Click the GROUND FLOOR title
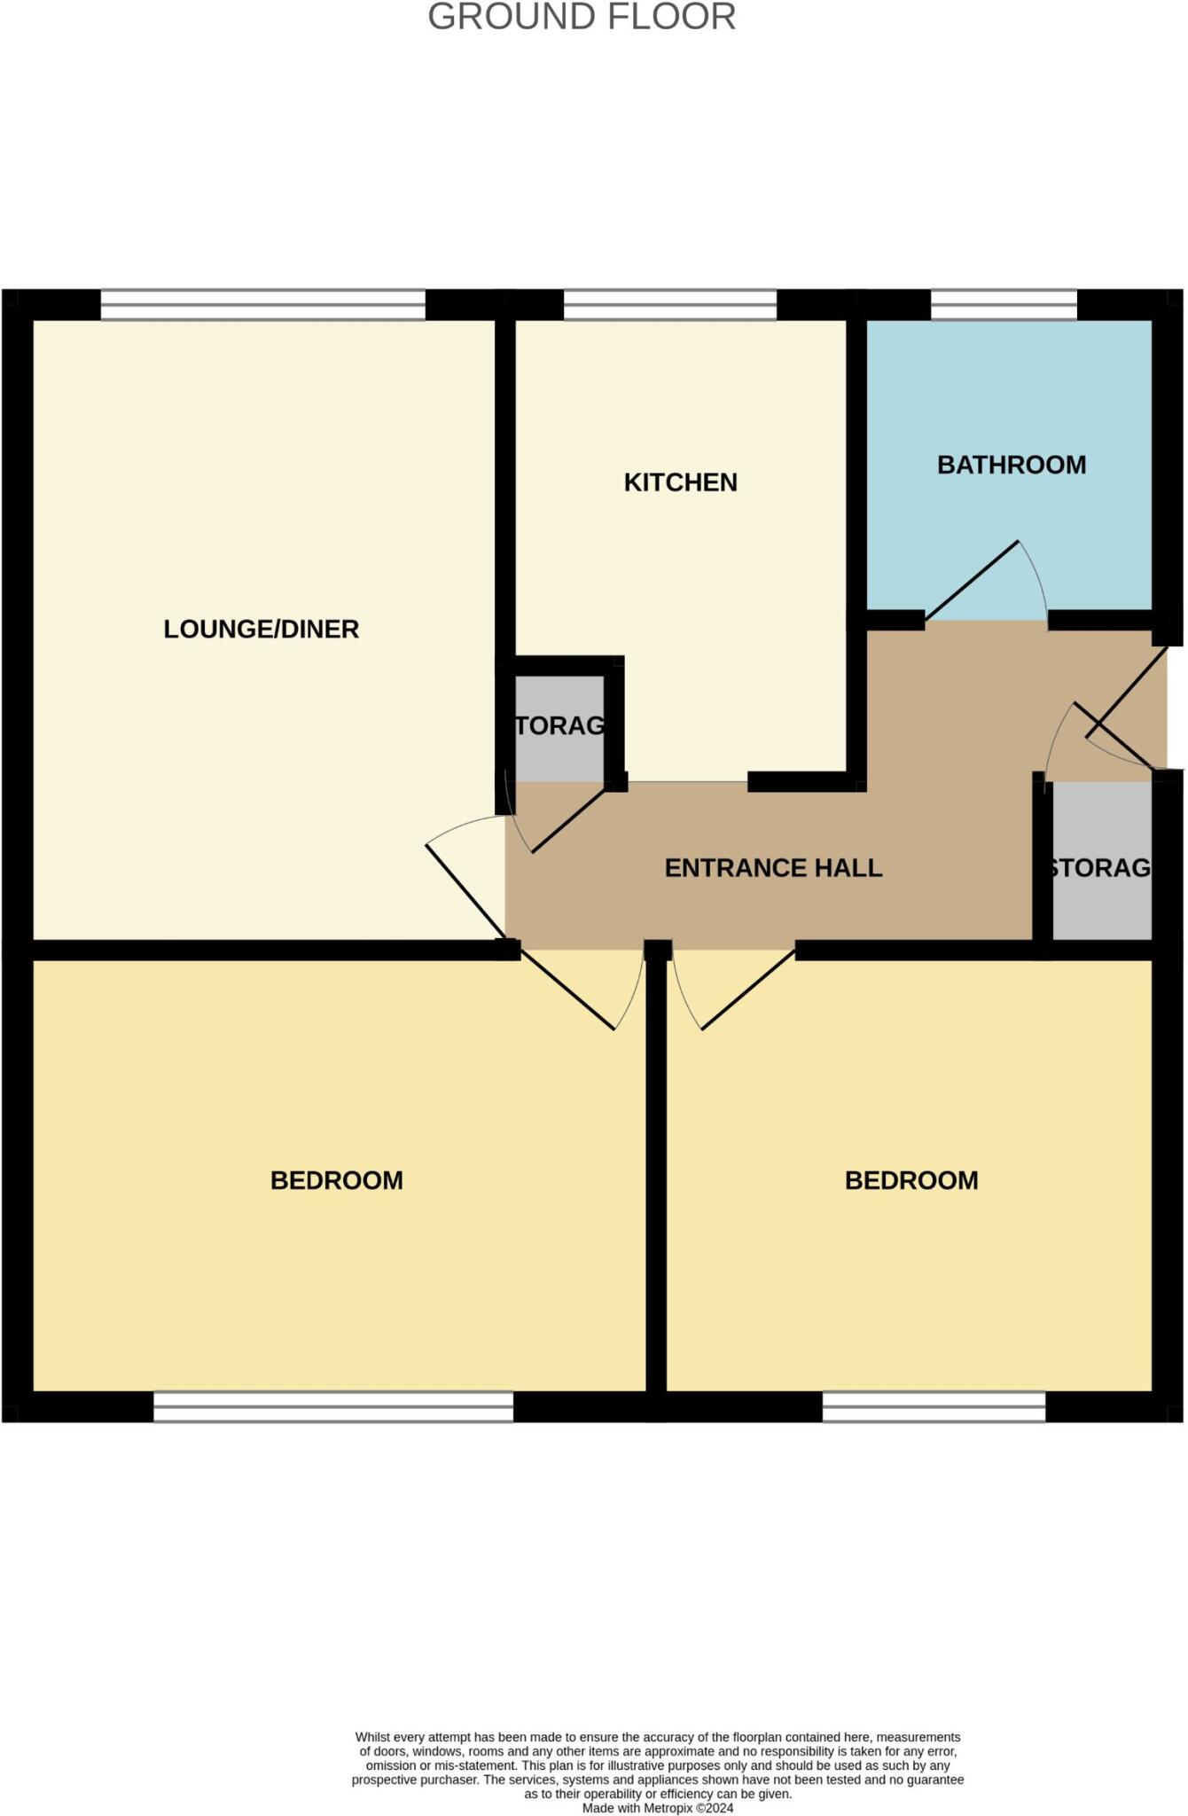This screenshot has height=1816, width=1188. [582, 18]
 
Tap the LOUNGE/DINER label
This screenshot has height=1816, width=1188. [261, 630]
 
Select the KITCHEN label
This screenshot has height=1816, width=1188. [680, 482]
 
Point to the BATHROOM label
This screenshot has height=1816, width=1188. [1011, 465]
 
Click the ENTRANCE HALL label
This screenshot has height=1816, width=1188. [773, 868]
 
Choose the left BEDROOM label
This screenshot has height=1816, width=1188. [336, 1180]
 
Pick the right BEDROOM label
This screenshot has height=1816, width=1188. [911, 1180]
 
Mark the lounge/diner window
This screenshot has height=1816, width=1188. [262, 305]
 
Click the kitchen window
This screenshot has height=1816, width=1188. [669, 305]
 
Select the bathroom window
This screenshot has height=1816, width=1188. [1003, 305]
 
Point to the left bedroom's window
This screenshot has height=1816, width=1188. [333, 1406]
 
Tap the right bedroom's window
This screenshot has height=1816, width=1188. [934, 1406]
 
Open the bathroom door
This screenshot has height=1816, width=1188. [973, 581]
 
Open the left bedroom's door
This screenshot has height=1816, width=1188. [567, 990]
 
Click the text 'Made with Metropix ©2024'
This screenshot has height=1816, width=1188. [658, 1808]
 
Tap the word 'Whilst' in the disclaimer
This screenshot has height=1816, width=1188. [372, 1737]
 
